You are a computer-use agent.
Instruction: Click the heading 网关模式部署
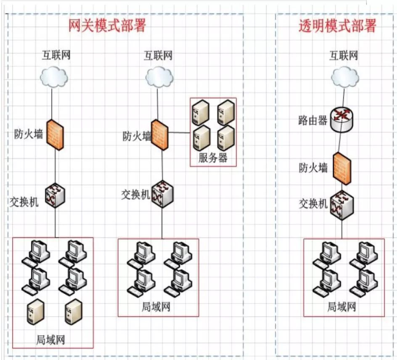point(107,26)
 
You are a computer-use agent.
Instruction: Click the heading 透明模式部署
point(337,26)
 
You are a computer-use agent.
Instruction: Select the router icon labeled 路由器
point(341,119)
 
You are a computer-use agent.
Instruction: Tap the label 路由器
point(311,121)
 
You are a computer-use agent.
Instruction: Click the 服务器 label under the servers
point(213,158)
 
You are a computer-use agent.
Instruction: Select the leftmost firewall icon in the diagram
point(55,134)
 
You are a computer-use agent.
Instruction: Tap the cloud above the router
point(345,78)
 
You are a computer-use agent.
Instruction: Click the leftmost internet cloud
point(54,77)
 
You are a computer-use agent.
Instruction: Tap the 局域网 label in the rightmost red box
point(342,307)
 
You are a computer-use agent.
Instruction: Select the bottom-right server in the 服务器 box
point(225,138)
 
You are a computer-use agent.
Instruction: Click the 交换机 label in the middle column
point(135,195)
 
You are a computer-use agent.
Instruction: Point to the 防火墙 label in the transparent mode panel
point(313,168)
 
